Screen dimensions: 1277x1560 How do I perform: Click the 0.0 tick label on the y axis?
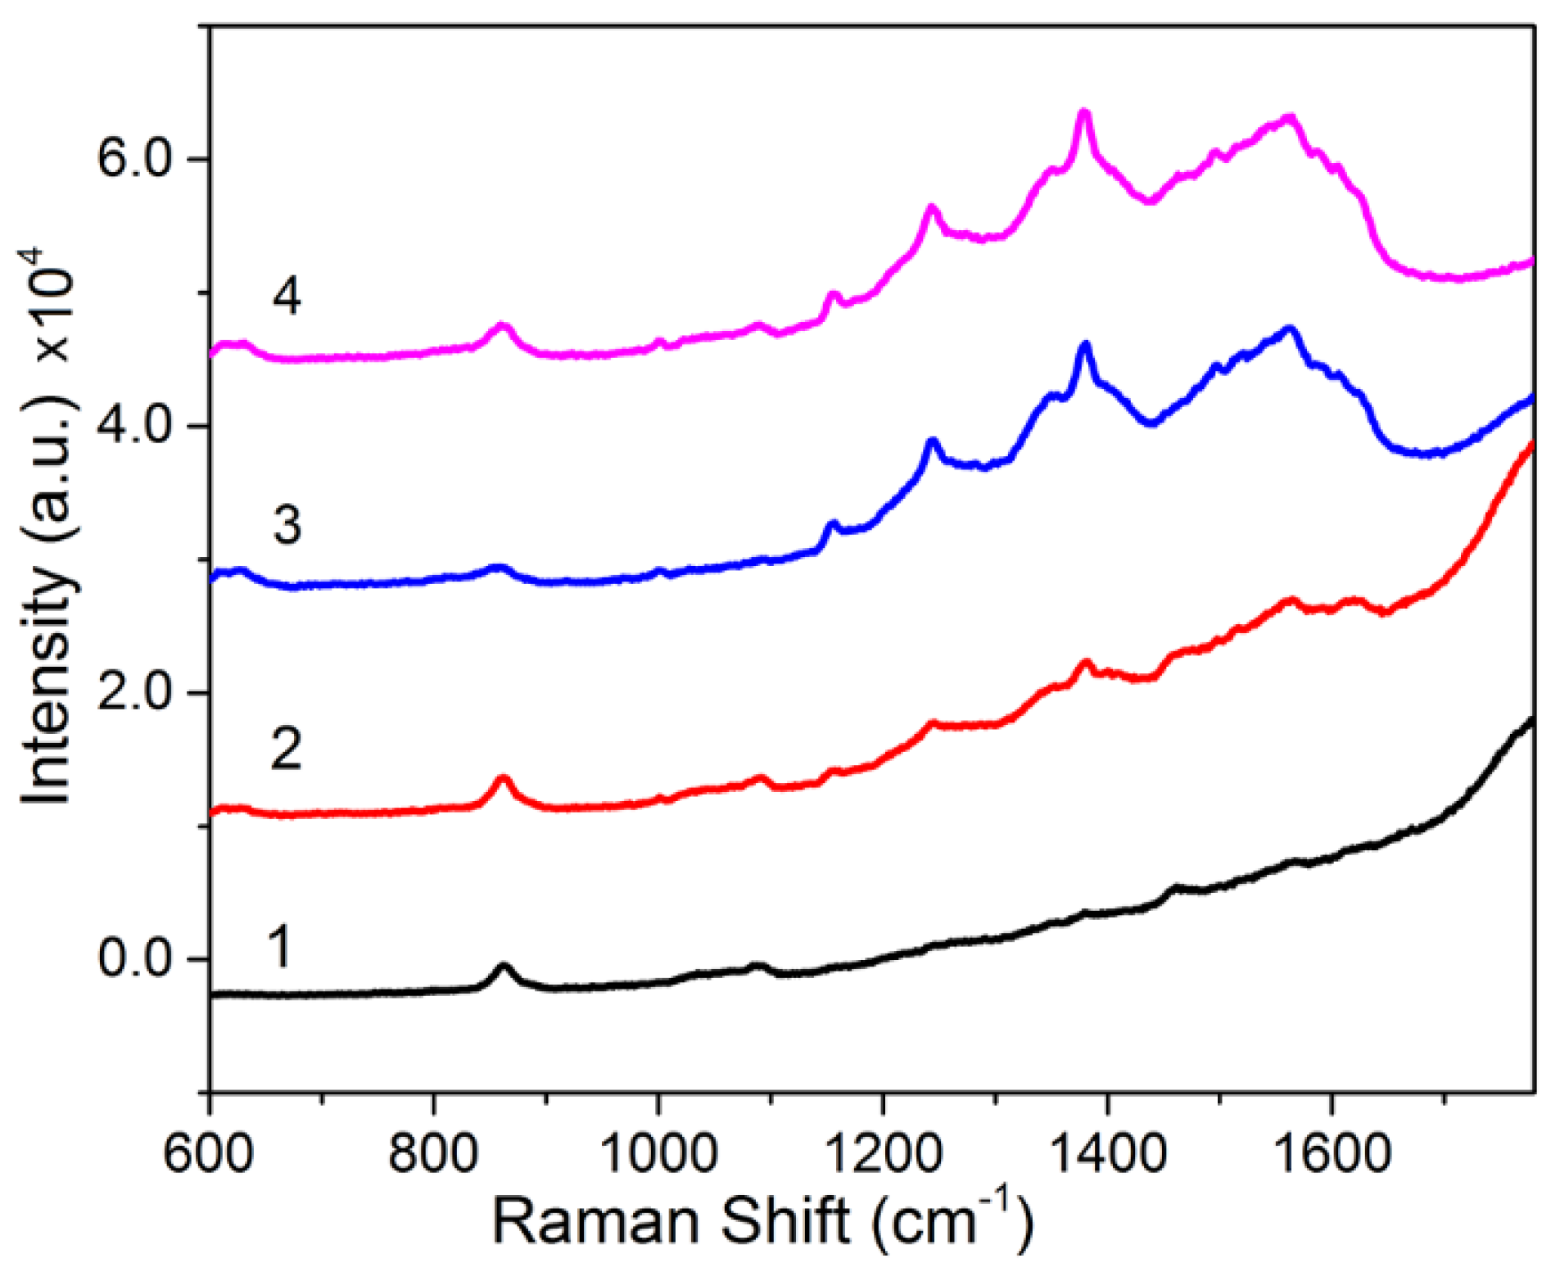pos(134,958)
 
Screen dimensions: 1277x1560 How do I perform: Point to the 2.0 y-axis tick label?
pos(134,692)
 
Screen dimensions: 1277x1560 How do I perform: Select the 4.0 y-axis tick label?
pos(134,426)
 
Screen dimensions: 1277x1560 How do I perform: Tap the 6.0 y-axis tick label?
pos(134,159)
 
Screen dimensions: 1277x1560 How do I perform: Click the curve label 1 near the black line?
pos(280,947)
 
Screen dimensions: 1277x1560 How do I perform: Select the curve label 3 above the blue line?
pos(287,524)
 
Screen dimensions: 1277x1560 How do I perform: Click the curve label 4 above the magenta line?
pos(287,297)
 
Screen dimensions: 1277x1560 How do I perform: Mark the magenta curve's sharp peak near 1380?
pos(1084,115)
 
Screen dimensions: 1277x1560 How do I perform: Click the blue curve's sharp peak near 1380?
pos(1086,346)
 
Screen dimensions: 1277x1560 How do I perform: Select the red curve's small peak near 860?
pos(503,779)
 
